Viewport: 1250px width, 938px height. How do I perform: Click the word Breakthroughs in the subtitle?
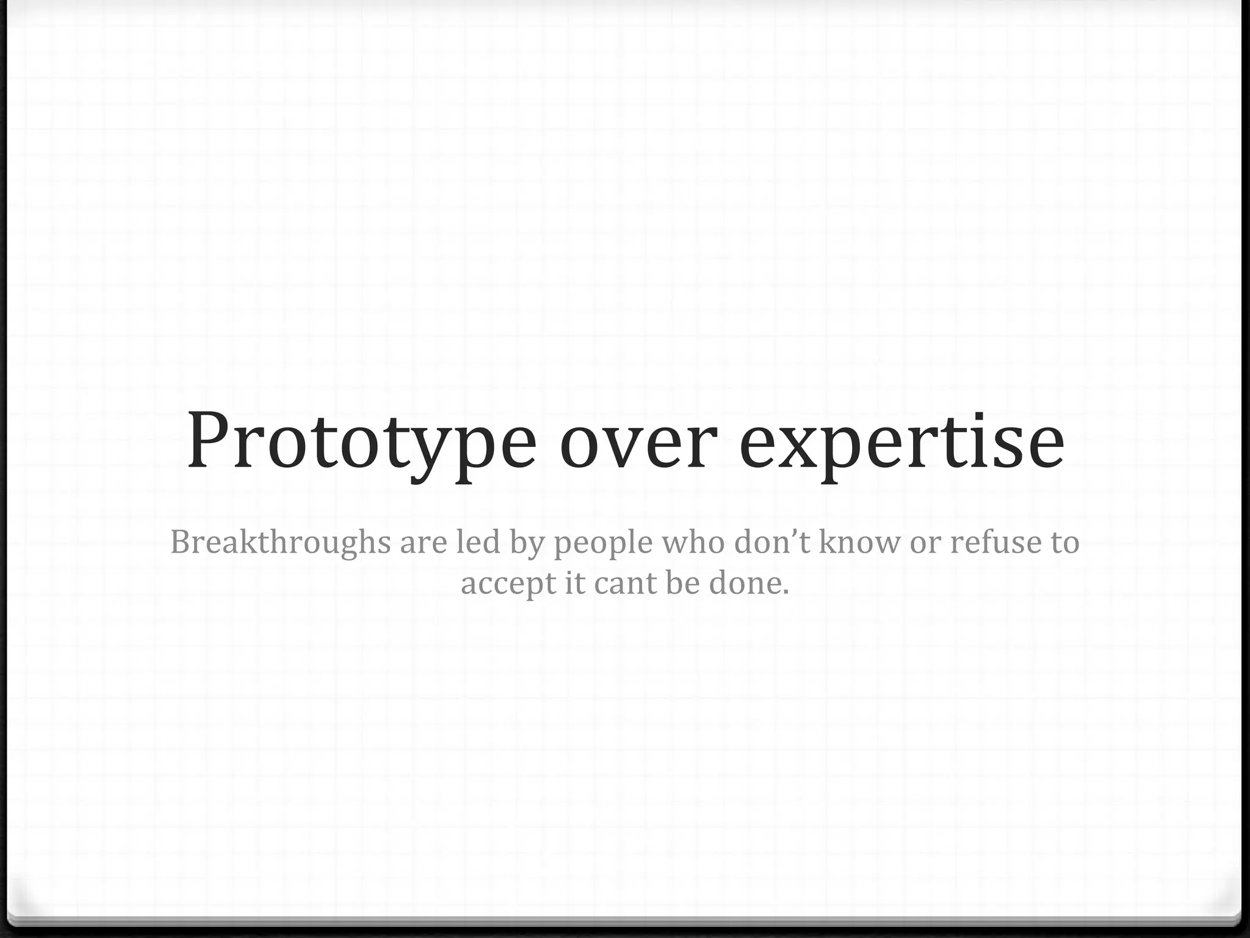click(x=280, y=542)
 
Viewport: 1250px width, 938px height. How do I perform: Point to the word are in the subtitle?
click(x=424, y=542)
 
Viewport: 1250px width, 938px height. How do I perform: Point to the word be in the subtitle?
click(x=682, y=583)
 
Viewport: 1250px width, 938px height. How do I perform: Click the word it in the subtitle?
click(x=575, y=583)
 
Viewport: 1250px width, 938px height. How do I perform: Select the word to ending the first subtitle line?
click(x=1064, y=542)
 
